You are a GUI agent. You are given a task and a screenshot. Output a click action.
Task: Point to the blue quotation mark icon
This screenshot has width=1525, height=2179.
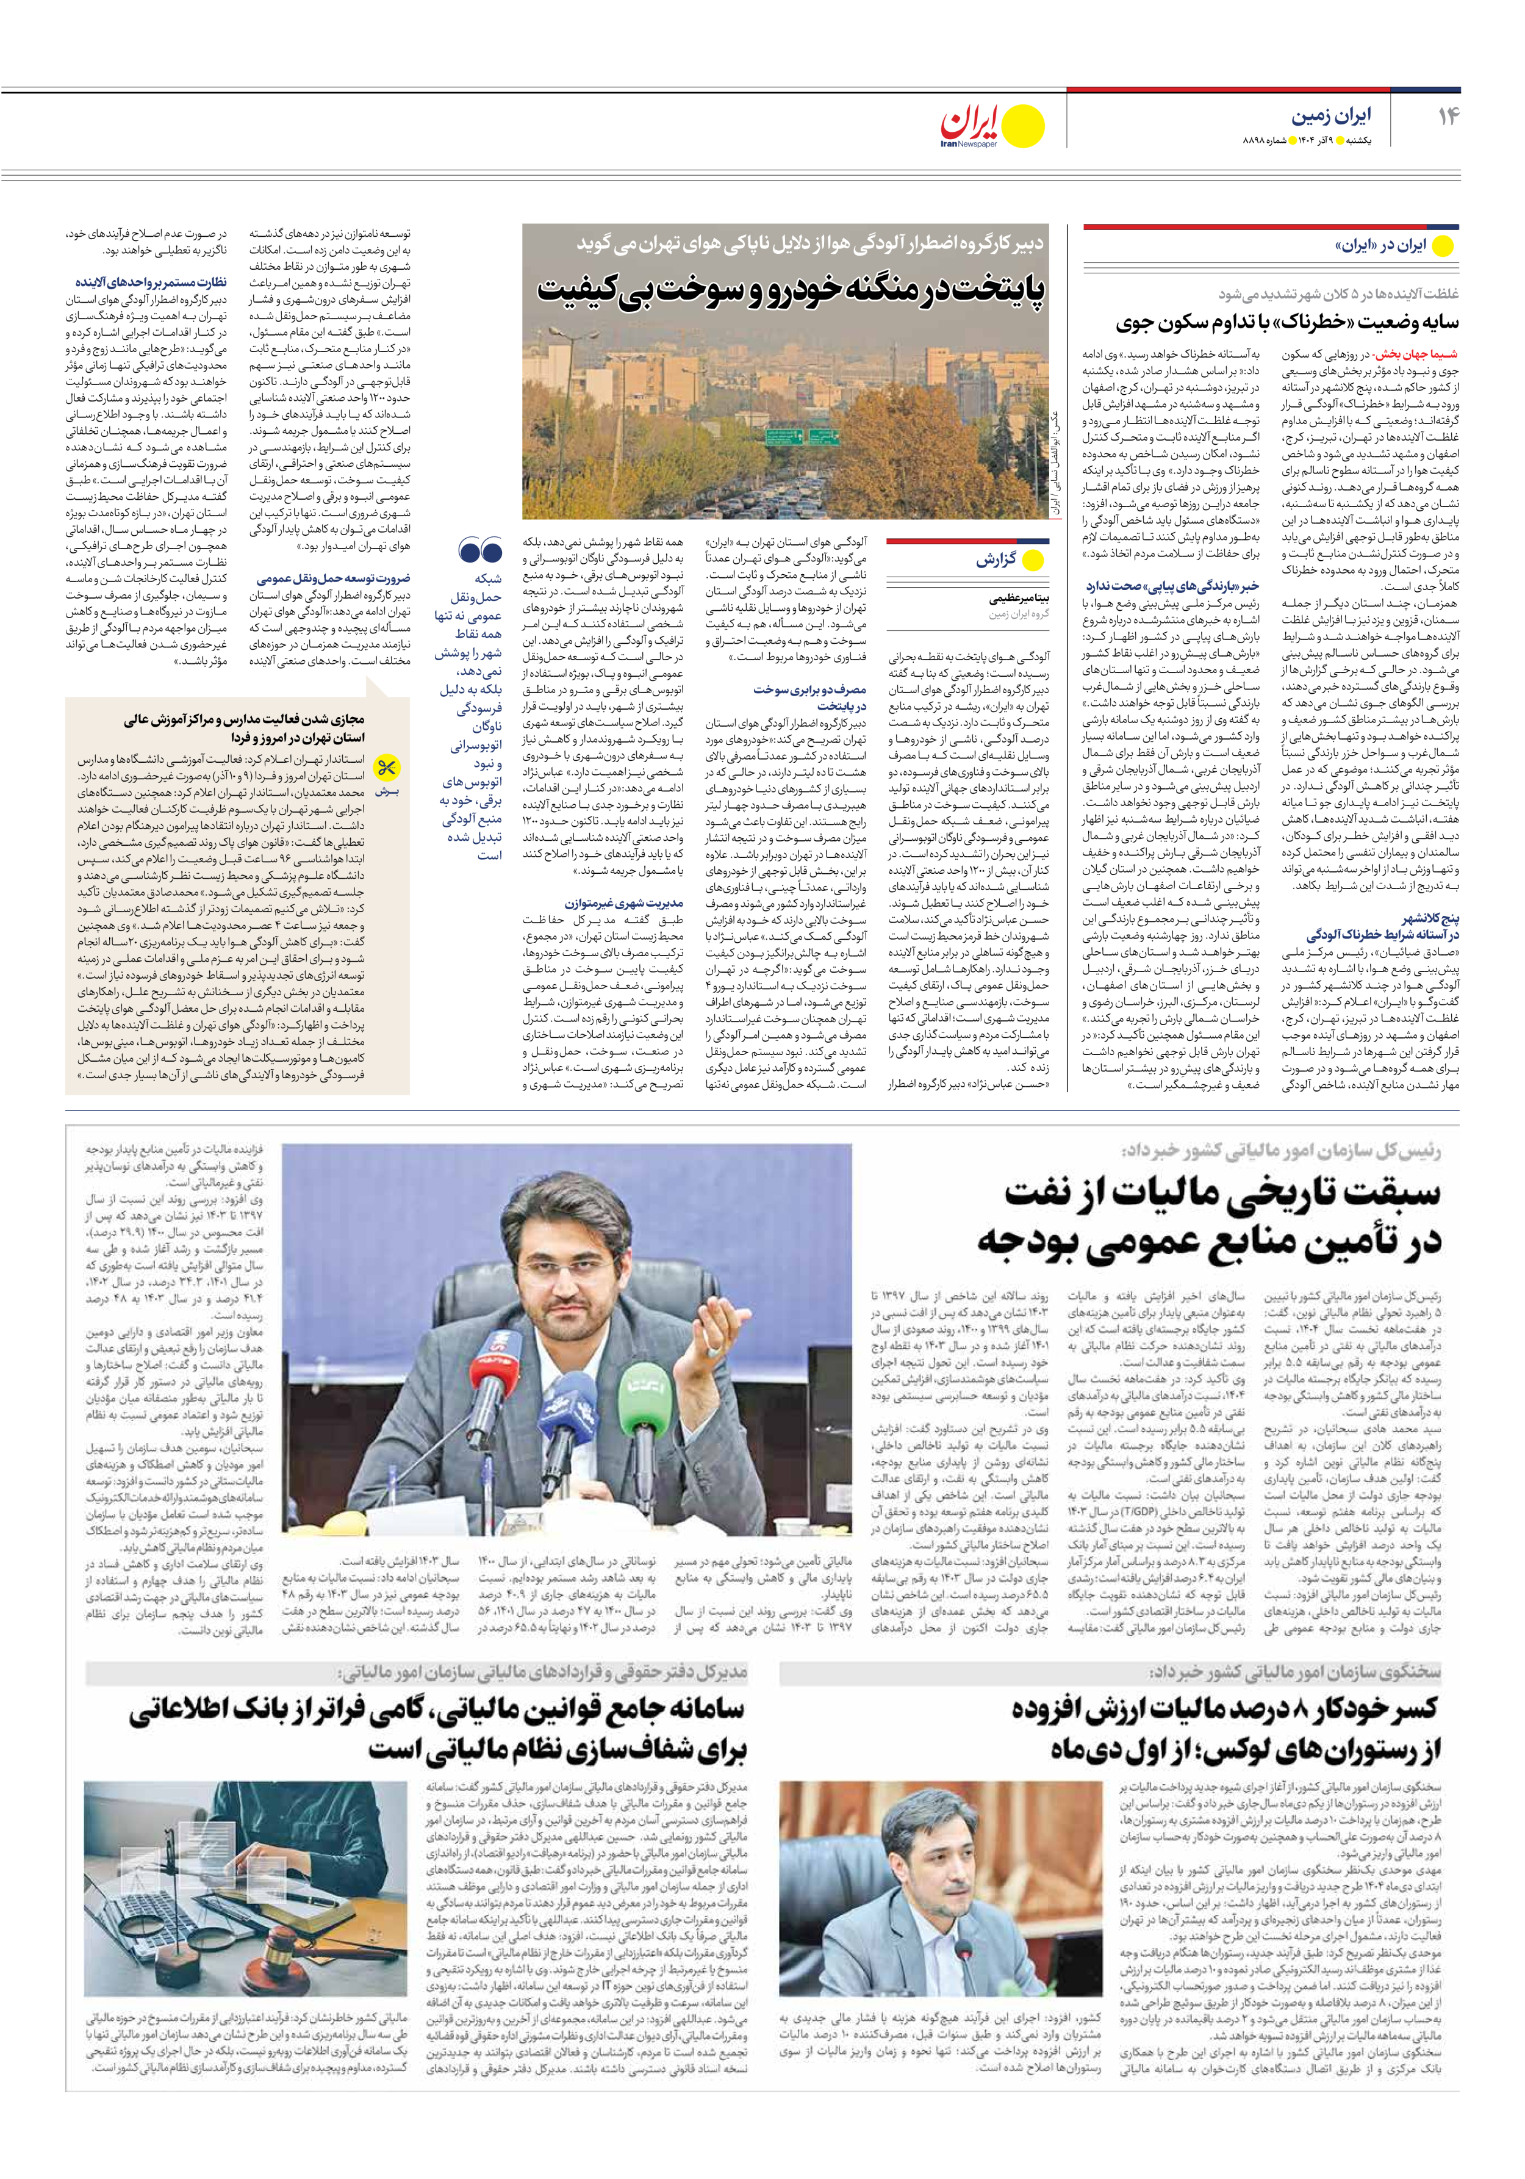tap(479, 550)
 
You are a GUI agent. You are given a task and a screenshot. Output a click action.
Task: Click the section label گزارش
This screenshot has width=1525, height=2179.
tap(996, 560)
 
